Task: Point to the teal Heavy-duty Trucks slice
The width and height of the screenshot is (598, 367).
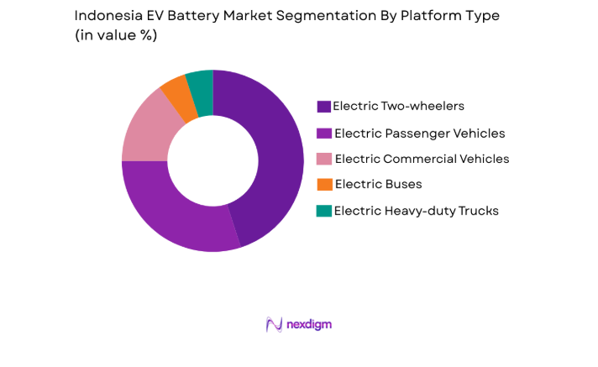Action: [x=201, y=87]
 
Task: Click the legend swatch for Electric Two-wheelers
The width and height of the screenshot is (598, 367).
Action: [x=323, y=107]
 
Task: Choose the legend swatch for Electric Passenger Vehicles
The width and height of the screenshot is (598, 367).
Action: [x=323, y=133]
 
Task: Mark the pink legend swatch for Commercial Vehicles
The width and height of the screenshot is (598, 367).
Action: [x=323, y=159]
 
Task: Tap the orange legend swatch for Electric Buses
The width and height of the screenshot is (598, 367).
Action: [x=323, y=185]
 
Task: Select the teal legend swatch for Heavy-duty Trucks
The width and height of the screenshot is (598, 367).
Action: [x=323, y=211]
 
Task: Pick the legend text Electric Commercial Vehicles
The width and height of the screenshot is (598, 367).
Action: [x=422, y=159]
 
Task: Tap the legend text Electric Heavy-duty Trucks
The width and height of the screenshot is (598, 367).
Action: [x=416, y=211]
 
